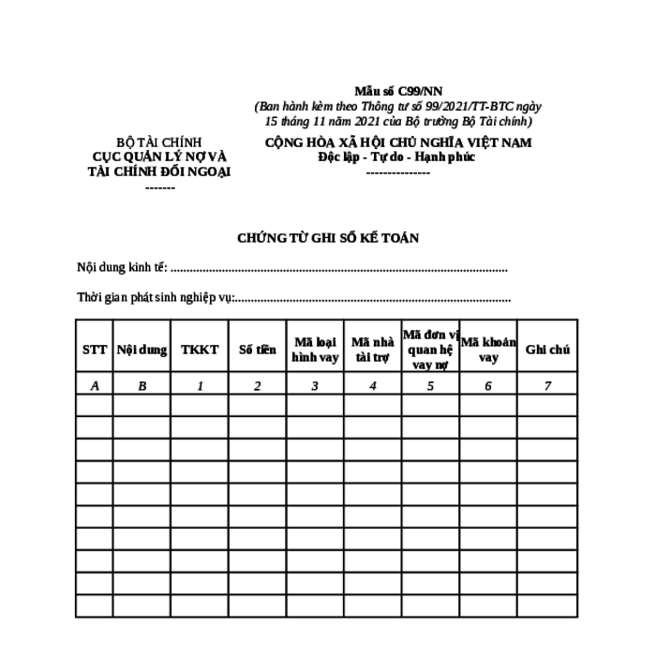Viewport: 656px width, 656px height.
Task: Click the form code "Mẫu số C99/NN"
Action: (x=397, y=91)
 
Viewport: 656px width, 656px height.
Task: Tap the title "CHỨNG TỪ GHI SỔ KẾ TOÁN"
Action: (x=328, y=238)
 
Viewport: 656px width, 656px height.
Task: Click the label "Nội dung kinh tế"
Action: (x=122, y=268)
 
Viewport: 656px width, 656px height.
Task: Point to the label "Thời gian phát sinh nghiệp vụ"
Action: (x=155, y=298)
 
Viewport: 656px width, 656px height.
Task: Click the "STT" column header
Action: (x=95, y=350)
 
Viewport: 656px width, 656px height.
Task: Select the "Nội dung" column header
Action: (x=142, y=350)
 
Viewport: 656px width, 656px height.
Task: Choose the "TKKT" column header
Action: (x=200, y=350)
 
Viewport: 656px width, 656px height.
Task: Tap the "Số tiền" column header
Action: (x=257, y=350)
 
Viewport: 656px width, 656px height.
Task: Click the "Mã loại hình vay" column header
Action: (x=315, y=350)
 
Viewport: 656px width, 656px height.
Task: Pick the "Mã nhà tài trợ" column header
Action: (x=372, y=350)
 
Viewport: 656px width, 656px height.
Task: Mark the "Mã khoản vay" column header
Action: (x=487, y=350)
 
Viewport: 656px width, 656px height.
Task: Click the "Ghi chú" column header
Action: (x=547, y=350)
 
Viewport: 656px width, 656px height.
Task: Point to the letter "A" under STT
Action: (x=95, y=385)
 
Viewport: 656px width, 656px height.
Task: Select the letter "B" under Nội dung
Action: (x=142, y=385)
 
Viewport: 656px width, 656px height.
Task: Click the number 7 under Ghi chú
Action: (x=547, y=385)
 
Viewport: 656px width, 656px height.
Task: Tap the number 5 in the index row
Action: (x=430, y=385)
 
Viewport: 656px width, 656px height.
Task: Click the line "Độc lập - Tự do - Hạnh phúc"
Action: (x=397, y=157)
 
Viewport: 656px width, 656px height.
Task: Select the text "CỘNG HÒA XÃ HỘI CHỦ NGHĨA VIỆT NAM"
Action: (x=397, y=142)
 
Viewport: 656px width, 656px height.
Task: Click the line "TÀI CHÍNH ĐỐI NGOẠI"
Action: (x=159, y=171)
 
